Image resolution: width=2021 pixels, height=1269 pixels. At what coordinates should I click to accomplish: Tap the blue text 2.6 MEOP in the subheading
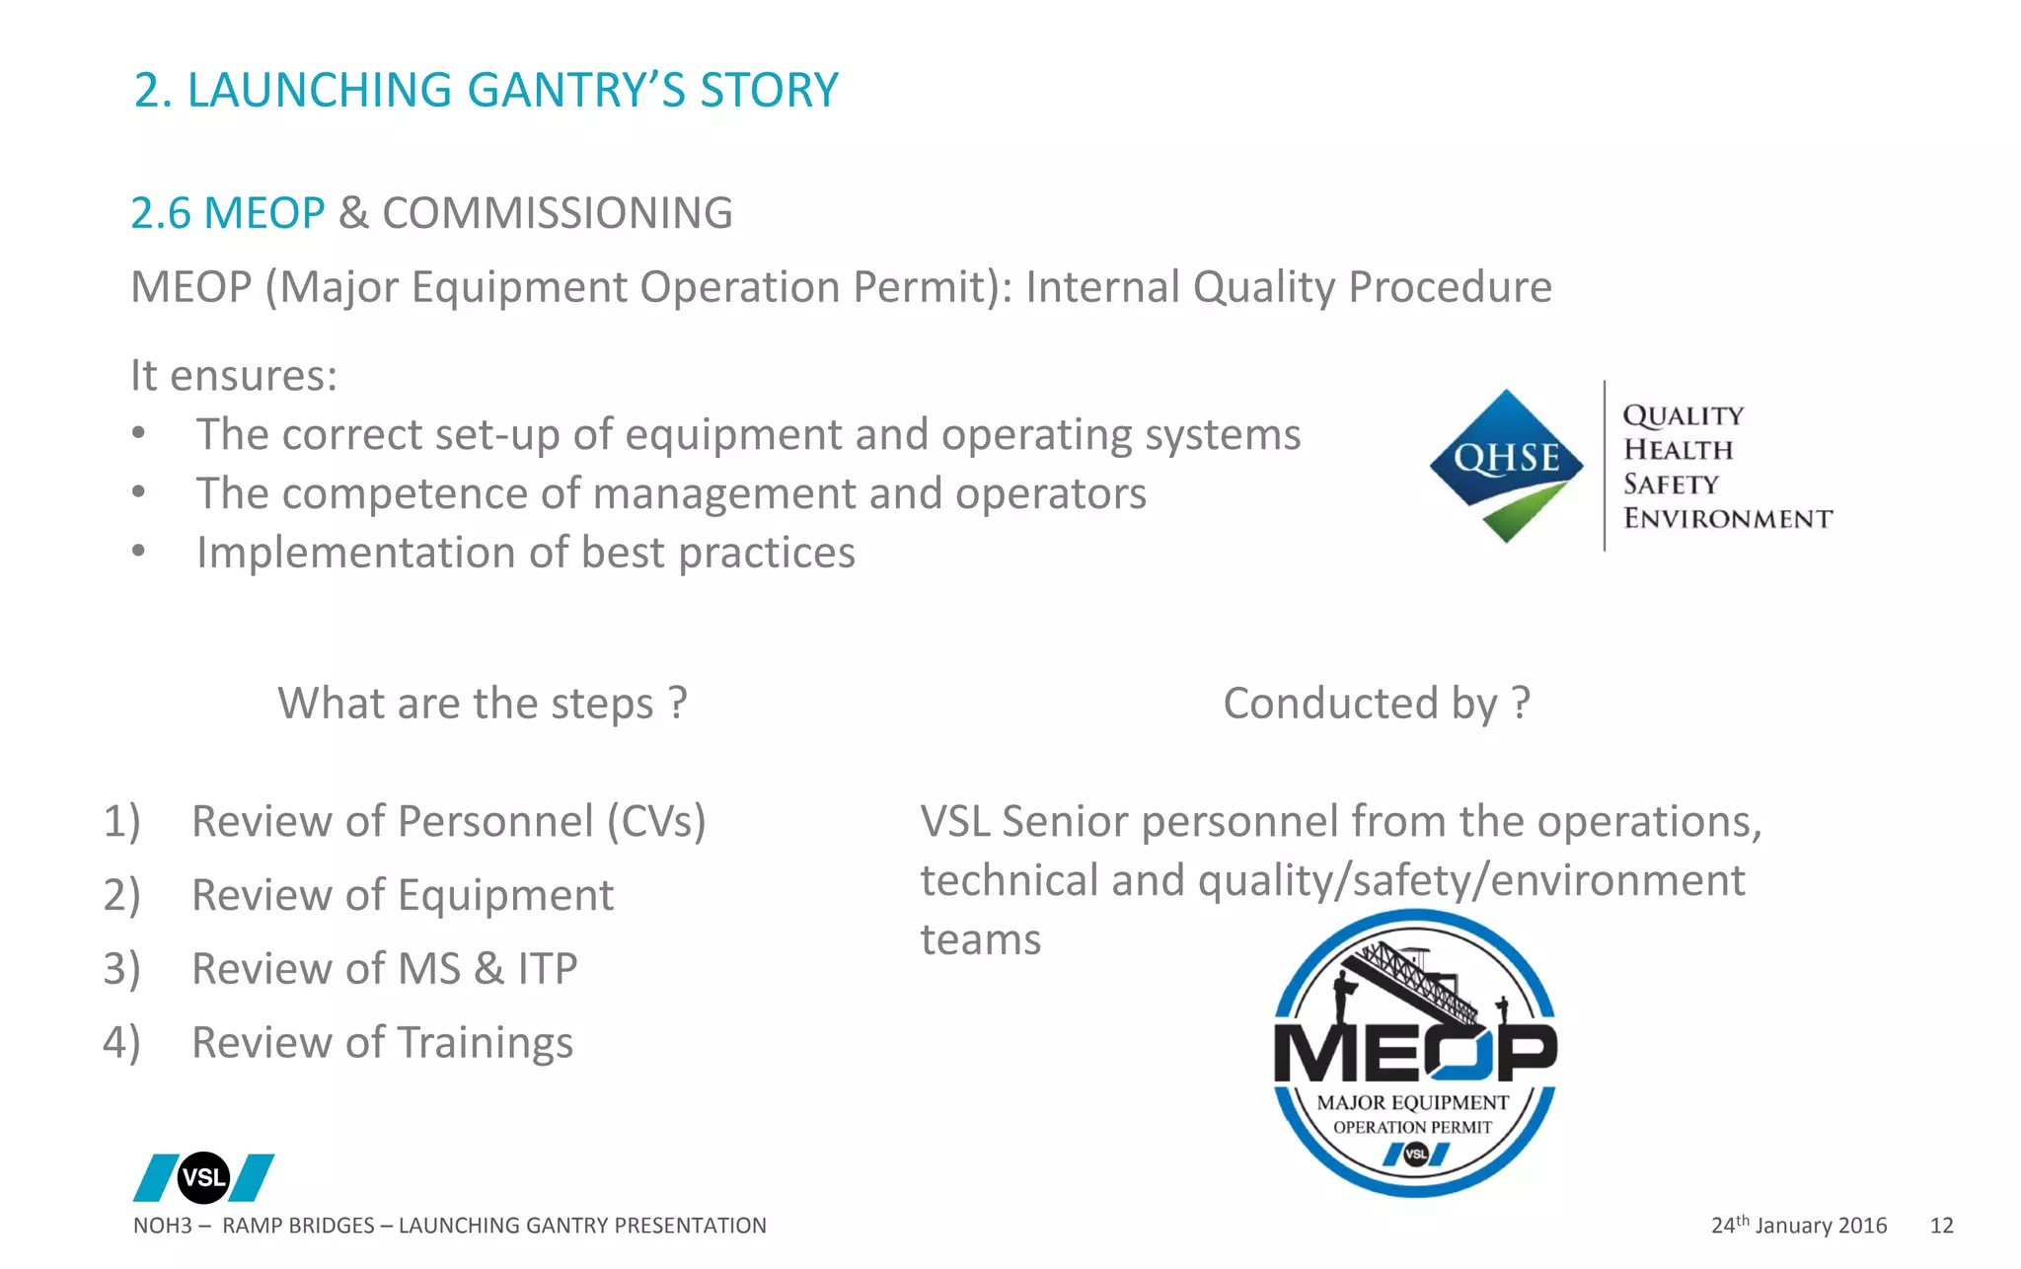click(x=227, y=213)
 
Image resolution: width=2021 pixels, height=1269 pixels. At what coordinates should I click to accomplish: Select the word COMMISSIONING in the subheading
click(x=557, y=213)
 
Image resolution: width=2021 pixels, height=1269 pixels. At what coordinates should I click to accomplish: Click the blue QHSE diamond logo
click(x=1506, y=464)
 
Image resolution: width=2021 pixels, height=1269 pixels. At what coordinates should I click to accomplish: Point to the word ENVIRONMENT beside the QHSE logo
click(x=1727, y=518)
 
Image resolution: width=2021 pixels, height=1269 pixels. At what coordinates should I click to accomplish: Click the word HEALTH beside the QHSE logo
click(x=1678, y=450)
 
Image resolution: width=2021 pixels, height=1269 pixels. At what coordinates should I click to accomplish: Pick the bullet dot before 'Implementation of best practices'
click(x=139, y=551)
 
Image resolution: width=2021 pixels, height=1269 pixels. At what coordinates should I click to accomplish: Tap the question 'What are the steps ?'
click(x=482, y=704)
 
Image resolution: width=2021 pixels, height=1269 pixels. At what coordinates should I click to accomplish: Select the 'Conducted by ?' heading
click(x=1377, y=704)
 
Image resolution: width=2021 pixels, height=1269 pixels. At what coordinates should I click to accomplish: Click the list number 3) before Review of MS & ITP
click(x=121, y=968)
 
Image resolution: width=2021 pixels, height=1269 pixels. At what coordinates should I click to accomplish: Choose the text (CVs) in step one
click(x=656, y=821)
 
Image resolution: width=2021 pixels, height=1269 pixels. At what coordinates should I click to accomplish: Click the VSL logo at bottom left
click(x=203, y=1177)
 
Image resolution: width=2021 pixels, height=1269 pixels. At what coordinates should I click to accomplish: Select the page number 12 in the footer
click(x=1941, y=1226)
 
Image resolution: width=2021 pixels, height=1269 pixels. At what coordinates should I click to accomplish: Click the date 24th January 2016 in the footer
click(x=1798, y=1226)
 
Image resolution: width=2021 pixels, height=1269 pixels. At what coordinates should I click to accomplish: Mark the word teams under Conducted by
click(x=980, y=939)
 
